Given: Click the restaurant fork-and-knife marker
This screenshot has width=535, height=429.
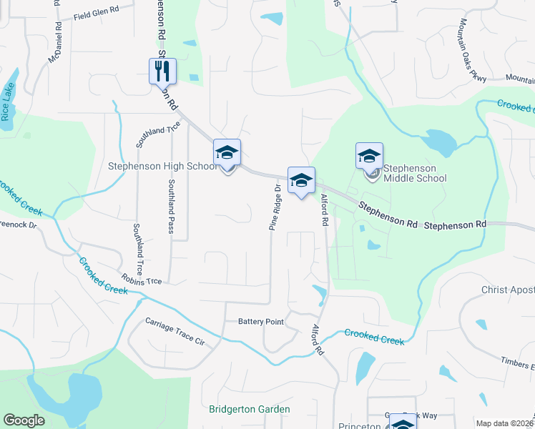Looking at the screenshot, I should [x=162, y=71].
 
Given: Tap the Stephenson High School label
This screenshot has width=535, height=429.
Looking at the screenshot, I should [x=162, y=167].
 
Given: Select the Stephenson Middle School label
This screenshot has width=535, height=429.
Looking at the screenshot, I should [x=415, y=173].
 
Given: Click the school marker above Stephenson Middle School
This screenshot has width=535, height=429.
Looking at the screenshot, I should [x=370, y=156].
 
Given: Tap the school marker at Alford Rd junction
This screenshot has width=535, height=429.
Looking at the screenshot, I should [x=301, y=180].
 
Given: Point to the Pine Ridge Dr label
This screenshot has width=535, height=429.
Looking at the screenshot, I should [x=275, y=207].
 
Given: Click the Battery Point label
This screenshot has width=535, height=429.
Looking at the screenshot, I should [x=260, y=322].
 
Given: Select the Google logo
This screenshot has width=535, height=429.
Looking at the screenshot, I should [x=24, y=420].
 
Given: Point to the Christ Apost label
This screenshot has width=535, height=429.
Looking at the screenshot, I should [x=509, y=289].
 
